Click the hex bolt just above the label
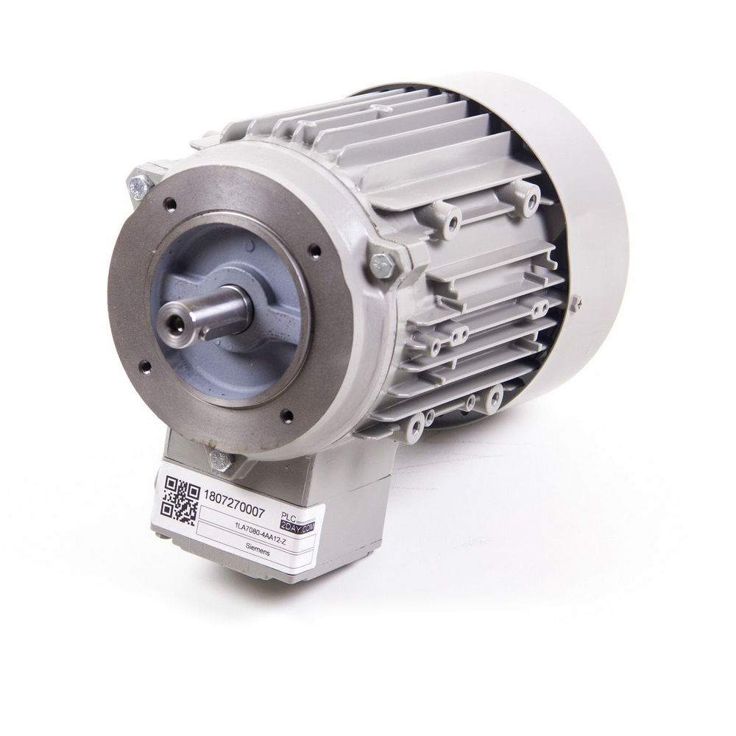tap(220, 461)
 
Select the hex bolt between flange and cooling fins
tap(382, 262)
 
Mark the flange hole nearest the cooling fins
tap(315, 250)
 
